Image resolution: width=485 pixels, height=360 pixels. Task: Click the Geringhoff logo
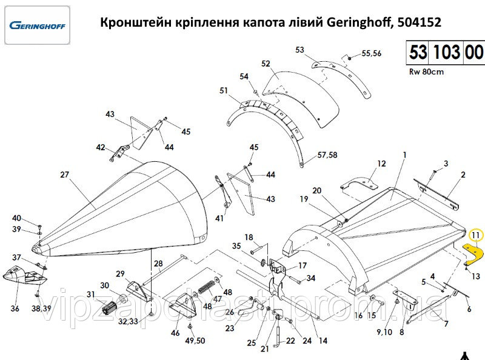point(38,27)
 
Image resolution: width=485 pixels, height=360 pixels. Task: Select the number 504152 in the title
point(418,22)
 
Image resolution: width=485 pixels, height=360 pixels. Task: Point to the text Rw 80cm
point(427,72)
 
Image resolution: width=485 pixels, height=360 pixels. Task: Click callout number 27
point(65,175)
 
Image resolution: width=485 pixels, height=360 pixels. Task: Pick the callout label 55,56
point(371,53)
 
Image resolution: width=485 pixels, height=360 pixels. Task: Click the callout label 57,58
point(327,156)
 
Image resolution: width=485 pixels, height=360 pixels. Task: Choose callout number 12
point(381,164)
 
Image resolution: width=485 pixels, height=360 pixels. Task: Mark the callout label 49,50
point(195,341)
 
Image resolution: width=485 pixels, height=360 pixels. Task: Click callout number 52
point(266,64)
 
